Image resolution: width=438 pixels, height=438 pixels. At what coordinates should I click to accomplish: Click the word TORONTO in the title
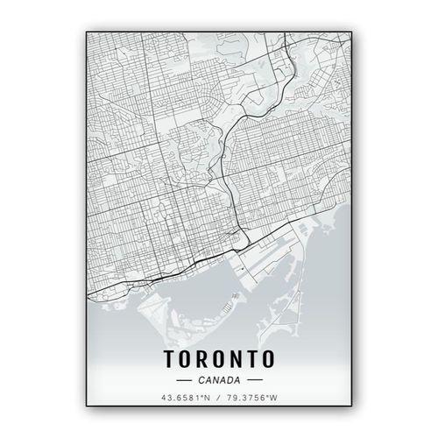(218, 358)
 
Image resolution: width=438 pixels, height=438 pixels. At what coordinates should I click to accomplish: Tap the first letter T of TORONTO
(168, 358)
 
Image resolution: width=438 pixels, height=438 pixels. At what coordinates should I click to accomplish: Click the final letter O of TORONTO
(268, 358)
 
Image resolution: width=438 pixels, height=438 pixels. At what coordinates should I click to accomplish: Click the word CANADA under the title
(218, 380)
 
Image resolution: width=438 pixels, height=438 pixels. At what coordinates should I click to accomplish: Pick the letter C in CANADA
(201, 380)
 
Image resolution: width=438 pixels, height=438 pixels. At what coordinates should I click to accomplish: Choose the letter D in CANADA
(228, 380)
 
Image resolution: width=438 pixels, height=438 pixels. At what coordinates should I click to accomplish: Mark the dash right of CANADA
(254, 380)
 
